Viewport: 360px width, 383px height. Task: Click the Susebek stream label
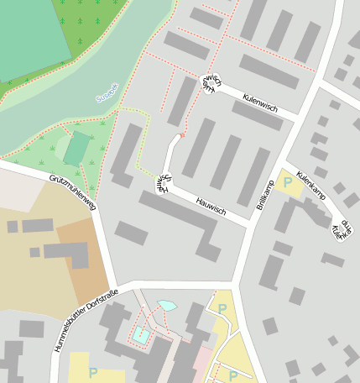pyautogui.click(x=108, y=92)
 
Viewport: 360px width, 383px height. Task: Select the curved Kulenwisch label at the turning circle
pyautogui.click(x=211, y=83)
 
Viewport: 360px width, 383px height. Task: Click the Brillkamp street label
pyautogui.click(x=266, y=194)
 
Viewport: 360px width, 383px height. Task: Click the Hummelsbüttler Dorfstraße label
pyautogui.click(x=84, y=321)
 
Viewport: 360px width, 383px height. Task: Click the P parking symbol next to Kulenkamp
pyautogui.click(x=288, y=181)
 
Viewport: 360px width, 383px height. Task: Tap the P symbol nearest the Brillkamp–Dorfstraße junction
pyautogui.click(x=222, y=309)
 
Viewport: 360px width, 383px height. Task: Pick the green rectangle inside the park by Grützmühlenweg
pyautogui.click(x=76, y=149)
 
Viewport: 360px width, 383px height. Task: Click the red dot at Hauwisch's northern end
pyautogui.click(x=181, y=134)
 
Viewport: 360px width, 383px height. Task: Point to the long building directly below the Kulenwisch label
pyautogui.click(x=258, y=115)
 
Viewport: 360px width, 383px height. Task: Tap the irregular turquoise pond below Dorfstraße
pyautogui.click(x=167, y=307)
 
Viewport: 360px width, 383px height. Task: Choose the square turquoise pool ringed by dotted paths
pyautogui.click(x=140, y=335)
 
